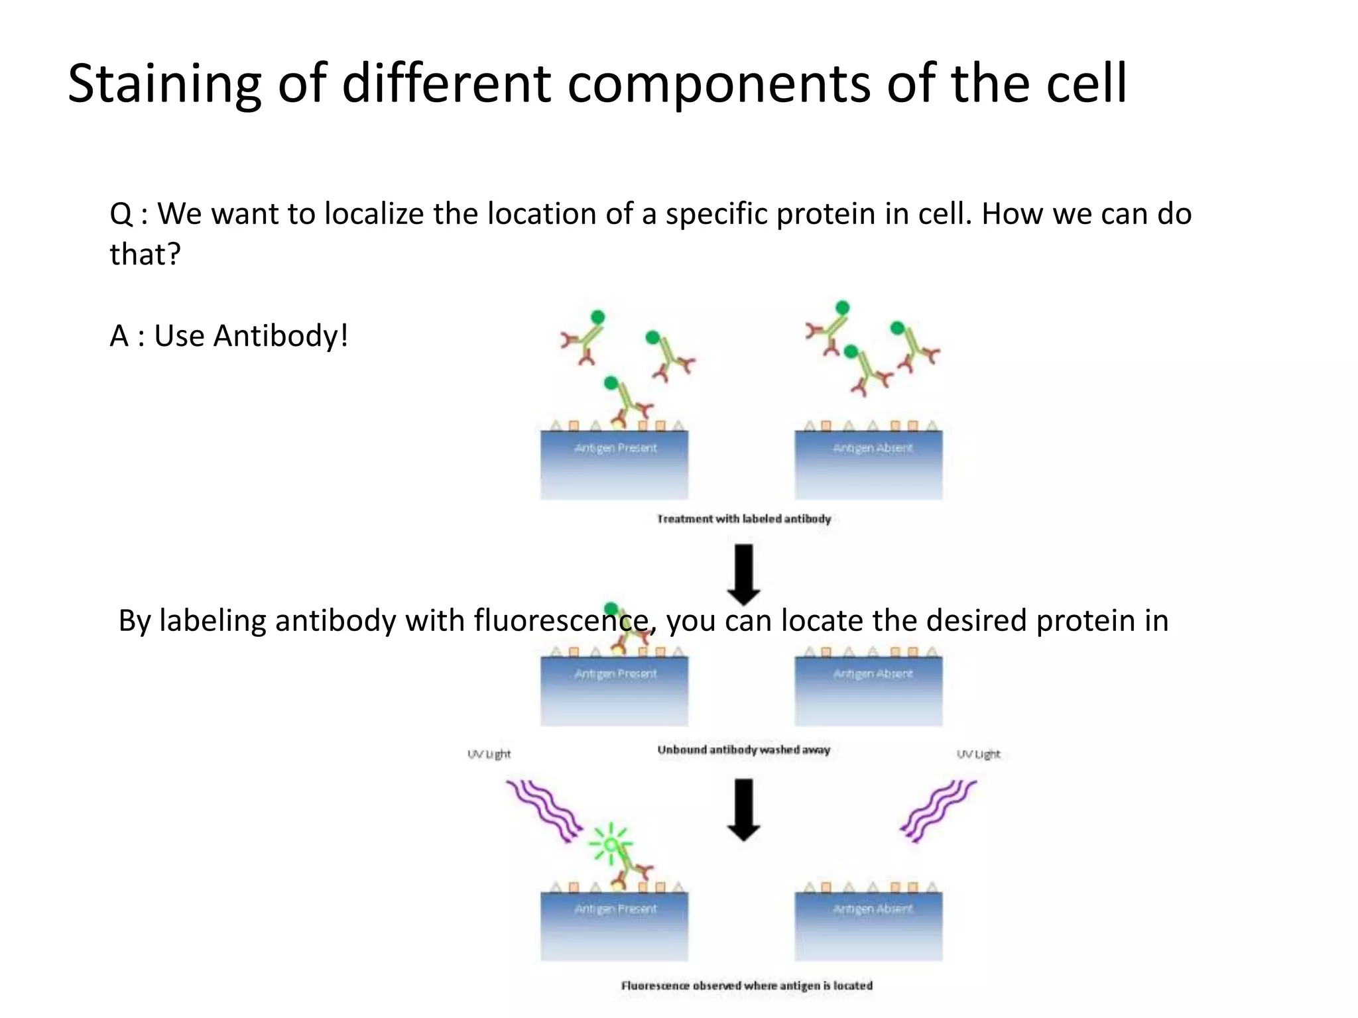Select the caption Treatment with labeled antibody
(x=743, y=519)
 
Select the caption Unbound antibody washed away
(x=743, y=750)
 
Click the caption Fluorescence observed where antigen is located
(x=747, y=986)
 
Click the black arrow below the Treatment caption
(x=744, y=574)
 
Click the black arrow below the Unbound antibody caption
(x=744, y=809)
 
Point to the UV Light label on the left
(x=489, y=754)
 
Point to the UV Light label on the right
(x=978, y=754)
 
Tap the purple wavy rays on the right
(x=938, y=810)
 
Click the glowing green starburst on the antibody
(x=611, y=844)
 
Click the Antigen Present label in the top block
(x=615, y=449)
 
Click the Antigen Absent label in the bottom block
(x=873, y=909)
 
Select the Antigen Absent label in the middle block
(x=873, y=674)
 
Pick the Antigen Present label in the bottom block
(x=615, y=909)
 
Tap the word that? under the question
(x=145, y=254)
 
